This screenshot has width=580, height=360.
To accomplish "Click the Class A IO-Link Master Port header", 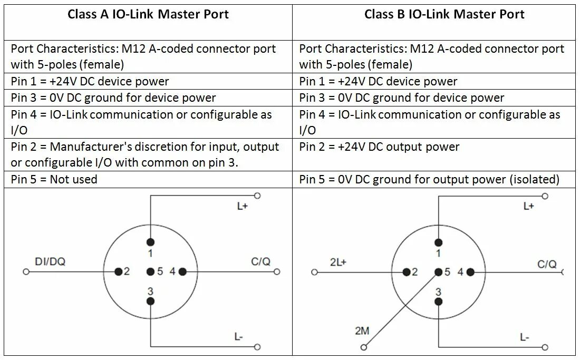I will coord(148,14).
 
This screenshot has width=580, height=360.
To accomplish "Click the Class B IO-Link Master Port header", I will coord(444,14).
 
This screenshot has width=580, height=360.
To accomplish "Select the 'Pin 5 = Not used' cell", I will coord(54,179).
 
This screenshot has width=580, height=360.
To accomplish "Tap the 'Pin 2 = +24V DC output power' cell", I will coord(379,147).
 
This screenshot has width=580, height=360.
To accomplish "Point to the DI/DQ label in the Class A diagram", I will coord(50,261).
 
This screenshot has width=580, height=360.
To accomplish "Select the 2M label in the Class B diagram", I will coord(362,331).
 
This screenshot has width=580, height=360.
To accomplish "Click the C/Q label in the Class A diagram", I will coord(260,261).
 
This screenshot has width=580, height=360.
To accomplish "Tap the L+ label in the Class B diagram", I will coord(529,206).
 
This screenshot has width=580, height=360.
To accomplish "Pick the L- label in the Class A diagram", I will coord(238,336).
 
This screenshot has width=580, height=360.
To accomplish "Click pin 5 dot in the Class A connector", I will coord(151,271).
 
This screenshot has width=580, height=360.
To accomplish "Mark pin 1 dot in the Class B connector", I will coord(438,242).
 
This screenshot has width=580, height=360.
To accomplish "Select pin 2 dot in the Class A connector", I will coord(119,271).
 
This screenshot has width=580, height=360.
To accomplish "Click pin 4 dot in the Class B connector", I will coord(470,272).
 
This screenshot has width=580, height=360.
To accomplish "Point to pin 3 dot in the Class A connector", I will coord(151,301).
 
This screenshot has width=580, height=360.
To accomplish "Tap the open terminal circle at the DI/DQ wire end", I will coord(26,272).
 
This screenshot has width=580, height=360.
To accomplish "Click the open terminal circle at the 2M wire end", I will coord(363,347).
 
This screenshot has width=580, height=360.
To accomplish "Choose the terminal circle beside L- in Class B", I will coord(545,347).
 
